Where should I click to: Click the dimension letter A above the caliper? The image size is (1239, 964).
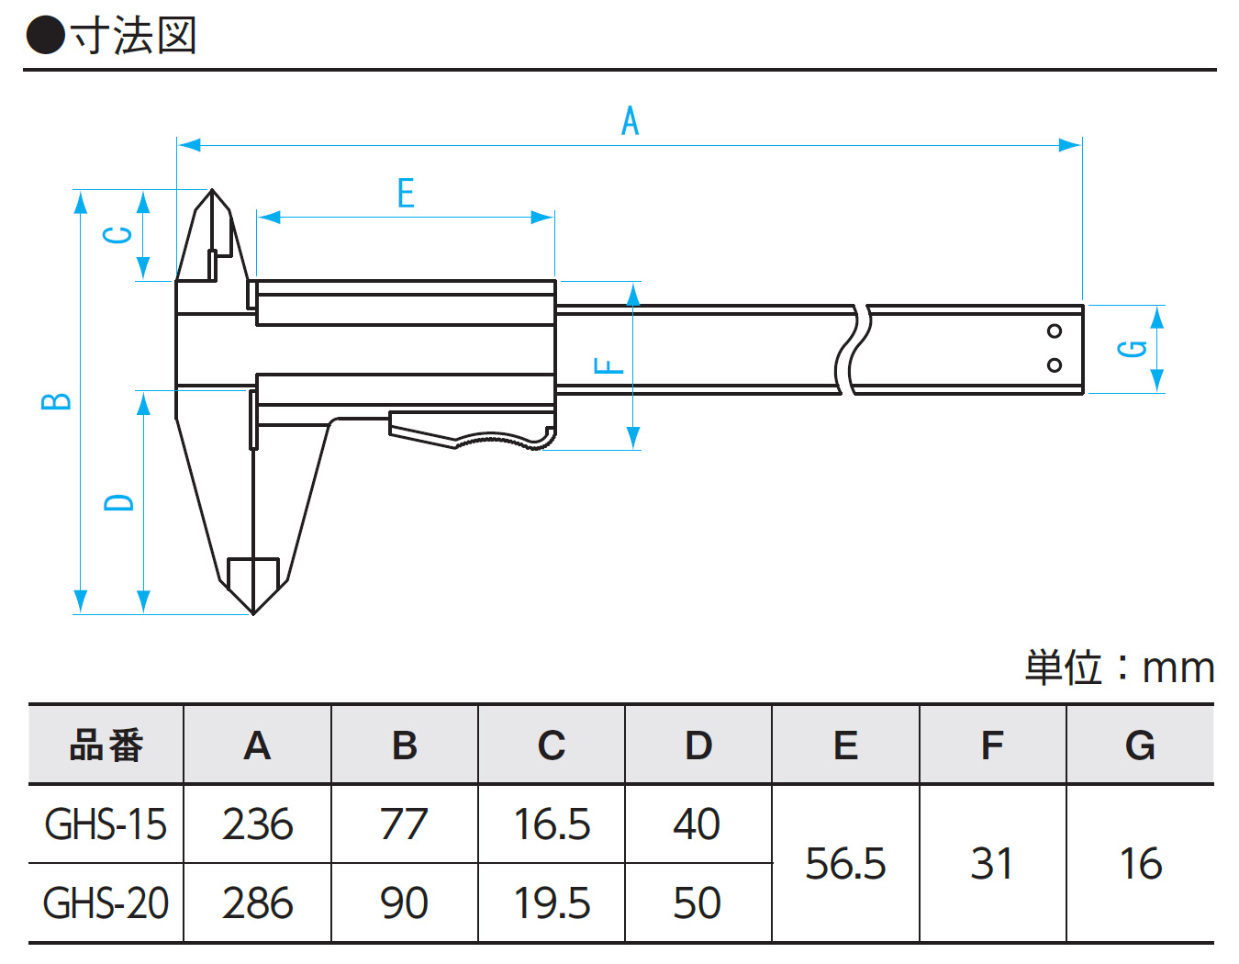point(630,121)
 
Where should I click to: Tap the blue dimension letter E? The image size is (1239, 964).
point(406,194)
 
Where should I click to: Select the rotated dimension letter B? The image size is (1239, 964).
point(57,401)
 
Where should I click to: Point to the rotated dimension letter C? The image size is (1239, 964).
point(118,235)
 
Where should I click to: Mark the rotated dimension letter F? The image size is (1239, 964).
point(608,366)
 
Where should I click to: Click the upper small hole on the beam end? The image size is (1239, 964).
point(1055,331)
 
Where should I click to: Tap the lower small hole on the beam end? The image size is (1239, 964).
point(1055,364)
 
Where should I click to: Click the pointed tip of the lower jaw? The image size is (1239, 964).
point(253,611)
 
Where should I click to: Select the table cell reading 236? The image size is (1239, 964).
point(257,824)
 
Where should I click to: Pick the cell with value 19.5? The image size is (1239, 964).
point(551,903)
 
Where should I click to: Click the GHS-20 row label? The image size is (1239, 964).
point(106,903)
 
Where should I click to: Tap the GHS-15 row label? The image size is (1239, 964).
point(106,824)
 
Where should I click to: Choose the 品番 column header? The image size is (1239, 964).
point(106,745)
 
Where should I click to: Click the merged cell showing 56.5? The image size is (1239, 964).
point(845,864)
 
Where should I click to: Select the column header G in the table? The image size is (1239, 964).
point(1140,745)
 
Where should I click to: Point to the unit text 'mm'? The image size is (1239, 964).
point(1178,668)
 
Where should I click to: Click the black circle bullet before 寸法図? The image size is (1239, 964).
point(45,36)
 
